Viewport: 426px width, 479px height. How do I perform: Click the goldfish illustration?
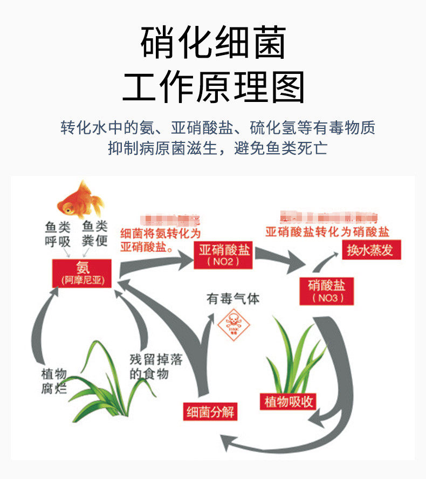(x=80, y=200)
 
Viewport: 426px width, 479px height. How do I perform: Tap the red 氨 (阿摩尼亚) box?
(x=82, y=273)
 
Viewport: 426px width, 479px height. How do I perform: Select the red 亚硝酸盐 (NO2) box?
(x=223, y=255)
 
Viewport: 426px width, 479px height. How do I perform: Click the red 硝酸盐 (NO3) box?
(x=326, y=291)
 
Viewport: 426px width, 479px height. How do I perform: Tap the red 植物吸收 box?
(x=290, y=401)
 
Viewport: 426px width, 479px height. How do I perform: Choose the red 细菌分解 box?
(x=210, y=412)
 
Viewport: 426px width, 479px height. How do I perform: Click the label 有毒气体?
(x=233, y=298)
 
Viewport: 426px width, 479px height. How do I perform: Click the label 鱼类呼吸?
(x=57, y=234)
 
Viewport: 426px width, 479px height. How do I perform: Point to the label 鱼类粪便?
(x=95, y=234)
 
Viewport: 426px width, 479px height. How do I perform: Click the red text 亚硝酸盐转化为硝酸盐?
(x=327, y=232)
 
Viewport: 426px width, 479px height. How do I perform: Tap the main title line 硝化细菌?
(x=213, y=43)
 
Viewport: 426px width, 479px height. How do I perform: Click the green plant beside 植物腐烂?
(x=105, y=383)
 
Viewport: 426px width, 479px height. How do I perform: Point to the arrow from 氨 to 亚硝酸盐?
(x=156, y=262)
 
